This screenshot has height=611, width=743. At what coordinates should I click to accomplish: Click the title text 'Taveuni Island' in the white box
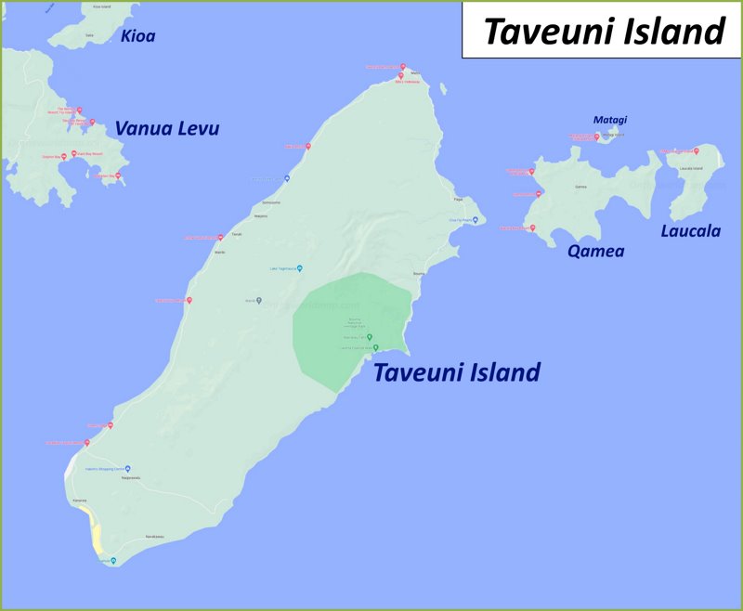[x=604, y=32]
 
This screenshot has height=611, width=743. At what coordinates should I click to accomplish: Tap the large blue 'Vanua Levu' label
[x=167, y=129]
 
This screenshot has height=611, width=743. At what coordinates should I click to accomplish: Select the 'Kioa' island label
[x=137, y=36]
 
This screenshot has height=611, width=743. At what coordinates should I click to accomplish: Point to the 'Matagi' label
[x=610, y=120]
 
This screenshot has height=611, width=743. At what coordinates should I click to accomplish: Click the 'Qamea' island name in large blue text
[x=595, y=251]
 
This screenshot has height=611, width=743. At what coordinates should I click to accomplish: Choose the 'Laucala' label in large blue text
[x=690, y=231]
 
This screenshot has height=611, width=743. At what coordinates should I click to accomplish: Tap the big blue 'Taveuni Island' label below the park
[x=456, y=372]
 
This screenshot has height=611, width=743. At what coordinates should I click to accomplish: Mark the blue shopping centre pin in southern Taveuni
[x=128, y=468]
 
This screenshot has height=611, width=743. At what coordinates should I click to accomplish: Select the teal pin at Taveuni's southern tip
[x=113, y=561]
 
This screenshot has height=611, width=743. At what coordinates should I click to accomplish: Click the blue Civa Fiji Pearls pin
[x=475, y=220]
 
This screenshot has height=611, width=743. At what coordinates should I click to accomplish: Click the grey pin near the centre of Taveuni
[x=259, y=300]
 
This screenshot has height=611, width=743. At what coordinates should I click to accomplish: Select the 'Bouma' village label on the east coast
[x=418, y=274]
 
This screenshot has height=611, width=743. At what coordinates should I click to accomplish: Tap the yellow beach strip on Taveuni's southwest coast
[x=96, y=533]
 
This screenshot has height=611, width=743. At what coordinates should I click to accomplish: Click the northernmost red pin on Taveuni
[x=403, y=67]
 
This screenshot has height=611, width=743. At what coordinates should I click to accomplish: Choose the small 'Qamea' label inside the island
[x=581, y=187]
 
